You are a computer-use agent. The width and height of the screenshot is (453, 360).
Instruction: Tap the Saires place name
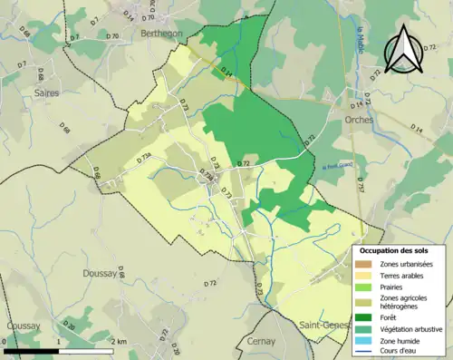pyautogui.click(x=44, y=92)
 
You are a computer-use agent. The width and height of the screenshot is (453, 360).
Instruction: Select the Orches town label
pyautogui.click(x=361, y=119)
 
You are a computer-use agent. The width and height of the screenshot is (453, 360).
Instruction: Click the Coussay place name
pyautogui.click(x=24, y=326)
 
